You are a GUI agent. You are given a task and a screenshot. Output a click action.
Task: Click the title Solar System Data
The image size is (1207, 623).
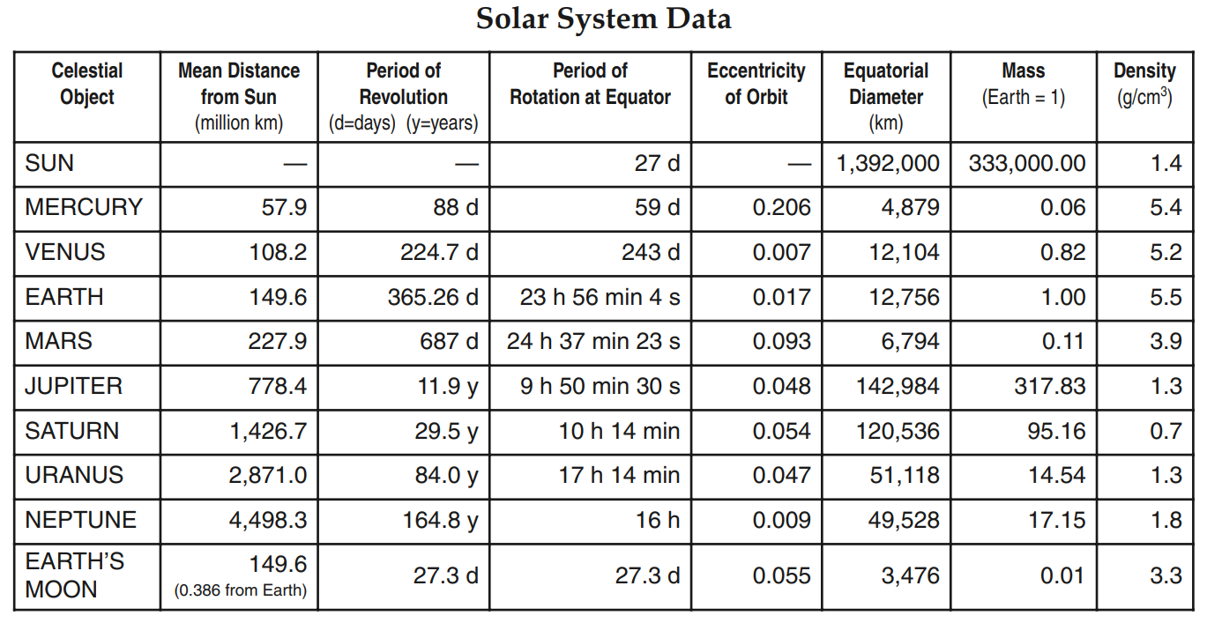click(x=603, y=19)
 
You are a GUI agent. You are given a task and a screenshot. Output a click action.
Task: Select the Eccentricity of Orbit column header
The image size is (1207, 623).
click(x=756, y=84)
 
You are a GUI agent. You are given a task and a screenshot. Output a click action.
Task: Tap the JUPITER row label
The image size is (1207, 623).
click(x=74, y=386)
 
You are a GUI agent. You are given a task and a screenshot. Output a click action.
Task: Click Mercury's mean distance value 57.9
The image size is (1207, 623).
click(x=284, y=207)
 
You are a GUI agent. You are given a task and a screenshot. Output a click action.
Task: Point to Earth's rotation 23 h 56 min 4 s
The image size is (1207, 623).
click(x=600, y=297)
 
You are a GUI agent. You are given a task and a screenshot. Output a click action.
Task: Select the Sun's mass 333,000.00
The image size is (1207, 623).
click(x=1026, y=163)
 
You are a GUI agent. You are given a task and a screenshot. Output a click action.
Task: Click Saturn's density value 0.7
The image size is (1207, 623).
click(x=1166, y=431)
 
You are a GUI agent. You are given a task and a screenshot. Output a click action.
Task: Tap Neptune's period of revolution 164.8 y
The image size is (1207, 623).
click(x=440, y=520)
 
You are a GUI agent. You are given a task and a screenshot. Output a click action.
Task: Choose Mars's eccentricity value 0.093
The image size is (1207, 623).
click(x=781, y=341)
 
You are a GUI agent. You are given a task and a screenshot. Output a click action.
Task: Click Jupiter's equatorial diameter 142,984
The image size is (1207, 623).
click(x=898, y=386)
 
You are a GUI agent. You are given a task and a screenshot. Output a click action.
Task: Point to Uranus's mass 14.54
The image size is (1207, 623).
click(x=1056, y=475)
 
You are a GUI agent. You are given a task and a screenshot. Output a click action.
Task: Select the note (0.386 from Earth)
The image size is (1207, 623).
click(x=240, y=590)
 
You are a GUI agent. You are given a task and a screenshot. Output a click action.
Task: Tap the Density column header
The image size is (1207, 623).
click(x=1144, y=84)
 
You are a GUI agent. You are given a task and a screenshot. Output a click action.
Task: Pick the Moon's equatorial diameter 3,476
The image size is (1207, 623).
click(x=910, y=576)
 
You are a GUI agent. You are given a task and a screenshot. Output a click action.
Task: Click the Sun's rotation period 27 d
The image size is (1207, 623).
click(x=657, y=163)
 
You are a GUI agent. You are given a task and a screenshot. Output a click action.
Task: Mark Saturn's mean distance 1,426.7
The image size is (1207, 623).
click(x=268, y=431)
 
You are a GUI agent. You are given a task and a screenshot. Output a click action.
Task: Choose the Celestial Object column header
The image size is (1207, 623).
click(x=86, y=84)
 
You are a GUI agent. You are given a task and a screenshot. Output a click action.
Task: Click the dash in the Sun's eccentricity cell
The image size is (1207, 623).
click(x=799, y=164)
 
